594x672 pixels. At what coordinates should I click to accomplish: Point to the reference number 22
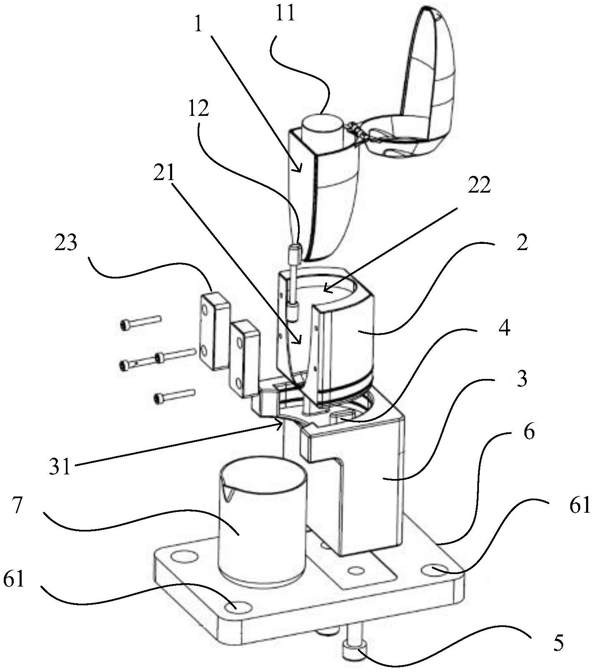tap(479, 185)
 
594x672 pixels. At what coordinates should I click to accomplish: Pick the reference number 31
tap(60, 467)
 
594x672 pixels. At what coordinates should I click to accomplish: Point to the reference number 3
tap(521, 379)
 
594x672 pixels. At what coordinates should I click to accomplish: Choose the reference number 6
tap(529, 432)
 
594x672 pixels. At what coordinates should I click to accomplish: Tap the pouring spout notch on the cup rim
tap(228, 494)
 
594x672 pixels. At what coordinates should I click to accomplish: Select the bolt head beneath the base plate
tap(354, 651)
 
